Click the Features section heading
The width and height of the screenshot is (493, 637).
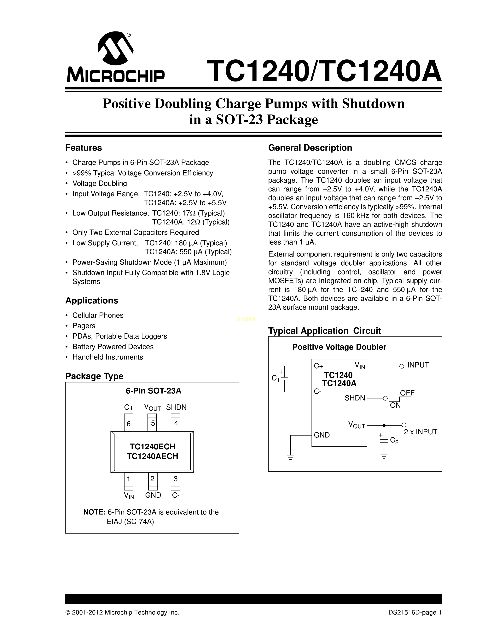(x=84, y=148)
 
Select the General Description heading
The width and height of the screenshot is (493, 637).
(x=310, y=148)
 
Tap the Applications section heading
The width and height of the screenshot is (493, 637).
(x=92, y=301)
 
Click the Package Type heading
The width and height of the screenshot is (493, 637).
(x=94, y=376)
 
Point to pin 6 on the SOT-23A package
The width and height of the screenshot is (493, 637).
(x=129, y=422)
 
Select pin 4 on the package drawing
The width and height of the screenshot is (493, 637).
(x=176, y=422)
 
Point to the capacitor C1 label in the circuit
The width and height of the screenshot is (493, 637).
(x=275, y=378)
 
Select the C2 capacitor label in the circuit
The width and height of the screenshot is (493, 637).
(x=394, y=441)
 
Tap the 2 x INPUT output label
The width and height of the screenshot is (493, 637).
(x=420, y=432)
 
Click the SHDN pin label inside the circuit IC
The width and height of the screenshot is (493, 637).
(x=355, y=398)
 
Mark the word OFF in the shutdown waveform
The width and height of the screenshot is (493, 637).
(x=407, y=393)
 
